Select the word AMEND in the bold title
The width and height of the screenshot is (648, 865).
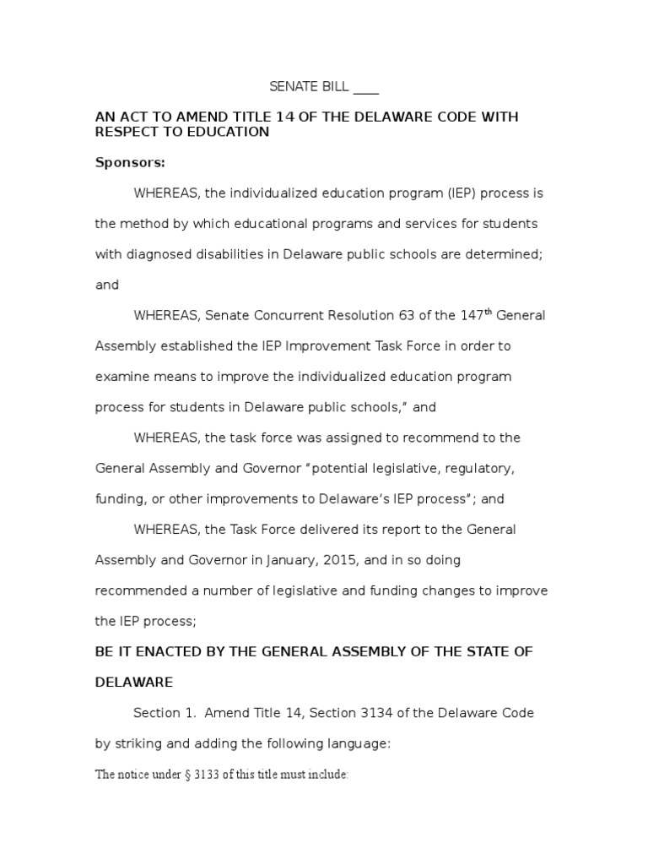[x=189, y=117]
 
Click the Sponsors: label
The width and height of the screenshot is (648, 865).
[x=130, y=162]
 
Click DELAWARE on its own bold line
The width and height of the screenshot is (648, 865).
[x=134, y=682]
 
